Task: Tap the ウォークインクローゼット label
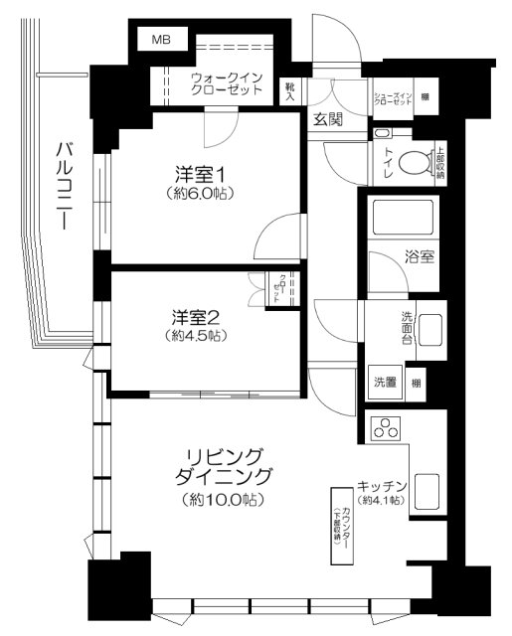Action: tap(228, 82)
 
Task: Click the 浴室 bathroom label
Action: tap(418, 255)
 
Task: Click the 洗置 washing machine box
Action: tap(385, 382)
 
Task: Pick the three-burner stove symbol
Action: tap(386, 430)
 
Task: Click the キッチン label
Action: tap(382, 486)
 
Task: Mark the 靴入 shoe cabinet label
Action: tap(289, 91)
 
